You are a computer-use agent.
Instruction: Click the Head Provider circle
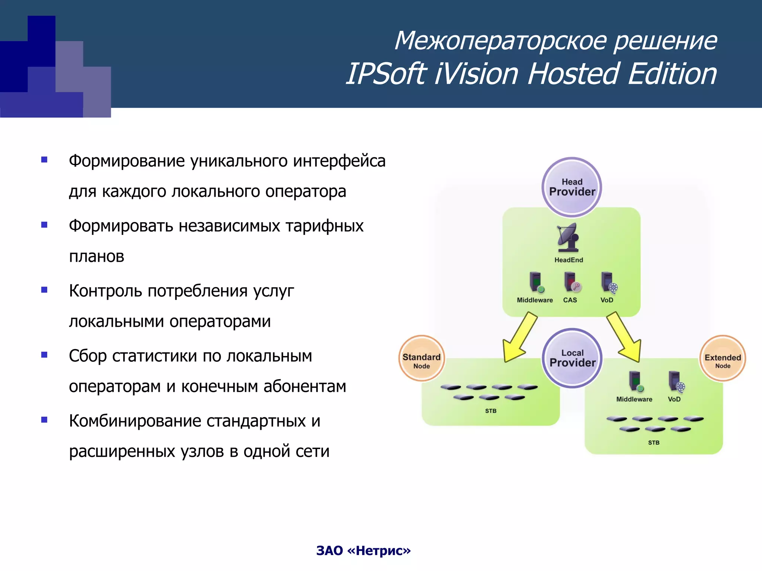click(x=571, y=187)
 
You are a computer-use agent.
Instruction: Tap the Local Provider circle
click(x=572, y=358)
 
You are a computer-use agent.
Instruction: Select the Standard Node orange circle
click(x=421, y=359)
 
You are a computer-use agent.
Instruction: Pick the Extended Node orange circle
click(x=723, y=359)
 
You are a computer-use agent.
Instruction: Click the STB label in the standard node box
click(x=490, y=411)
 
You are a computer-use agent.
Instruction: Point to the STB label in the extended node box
click(x=653, y=442)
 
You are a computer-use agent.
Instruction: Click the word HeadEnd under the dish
click(x=569, y=260)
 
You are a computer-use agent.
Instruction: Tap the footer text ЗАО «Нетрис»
click(x=363, y=551)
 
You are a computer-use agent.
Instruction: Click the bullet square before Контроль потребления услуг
click(x=44, y=290)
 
